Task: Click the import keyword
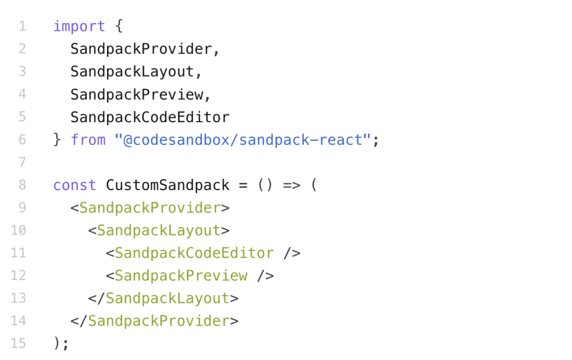tap(79, 26)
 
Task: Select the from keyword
tap(88, 140)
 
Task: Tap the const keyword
tap(75, 185)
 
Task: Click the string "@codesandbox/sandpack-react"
tap(243, 140)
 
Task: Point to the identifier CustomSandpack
tap(168, 185)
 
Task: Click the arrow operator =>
tap(292, 185)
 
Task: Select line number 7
tap(22, 163)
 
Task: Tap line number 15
tap(19, 343)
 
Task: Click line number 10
tap(19, 230)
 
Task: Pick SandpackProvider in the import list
tap(141, 49)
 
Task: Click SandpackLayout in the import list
tap(132, 72)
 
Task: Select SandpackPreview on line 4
tap(137, 94)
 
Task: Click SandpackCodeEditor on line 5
tap(150, 117)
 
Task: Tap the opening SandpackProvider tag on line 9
tap(150, 208)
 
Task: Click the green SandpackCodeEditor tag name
tap(194, 253)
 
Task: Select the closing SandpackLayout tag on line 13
tap(163, 299)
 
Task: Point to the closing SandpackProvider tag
tap(154, 321)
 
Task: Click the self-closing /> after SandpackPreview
tap(265, 276)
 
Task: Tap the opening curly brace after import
tap(119, 26)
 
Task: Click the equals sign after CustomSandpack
tap(243, 186)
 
